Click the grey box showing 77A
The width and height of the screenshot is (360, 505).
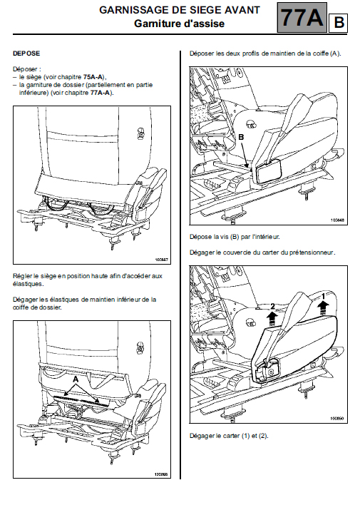[302, 17]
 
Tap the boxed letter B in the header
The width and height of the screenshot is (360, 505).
[338, 23]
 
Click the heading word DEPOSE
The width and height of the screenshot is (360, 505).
[26, 53]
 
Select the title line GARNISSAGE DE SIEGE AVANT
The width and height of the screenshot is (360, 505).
[180, 10]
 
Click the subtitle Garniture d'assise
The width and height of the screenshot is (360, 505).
[180, 24]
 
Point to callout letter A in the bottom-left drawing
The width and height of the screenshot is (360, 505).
[76, 379]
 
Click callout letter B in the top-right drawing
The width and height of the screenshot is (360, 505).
[241, 137]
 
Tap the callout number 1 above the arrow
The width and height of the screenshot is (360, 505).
[324, 295]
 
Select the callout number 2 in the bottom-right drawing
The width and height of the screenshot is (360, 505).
[273, 306]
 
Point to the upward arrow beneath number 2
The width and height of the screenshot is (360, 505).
[272, 319]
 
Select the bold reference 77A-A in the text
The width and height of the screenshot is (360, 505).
[100, 93]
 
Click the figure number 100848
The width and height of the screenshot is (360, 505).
[337, 220]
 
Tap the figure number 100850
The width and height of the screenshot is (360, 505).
[337, 419]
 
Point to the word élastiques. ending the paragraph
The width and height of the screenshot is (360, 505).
[28, 284]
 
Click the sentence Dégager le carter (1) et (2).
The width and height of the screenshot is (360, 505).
[229, 436]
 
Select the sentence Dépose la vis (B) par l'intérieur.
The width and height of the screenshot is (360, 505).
[235, 237]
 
